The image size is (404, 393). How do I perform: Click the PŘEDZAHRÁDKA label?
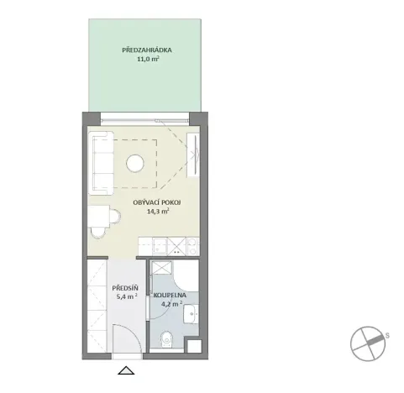141,50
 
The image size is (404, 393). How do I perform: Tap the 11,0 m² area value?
141,60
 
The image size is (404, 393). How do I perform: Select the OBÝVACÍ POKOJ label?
157,203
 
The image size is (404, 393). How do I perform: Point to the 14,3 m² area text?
157,212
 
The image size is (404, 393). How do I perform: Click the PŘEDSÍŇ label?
124,287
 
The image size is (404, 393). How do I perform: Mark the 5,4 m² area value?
124,296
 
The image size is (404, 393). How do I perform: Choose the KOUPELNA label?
173,295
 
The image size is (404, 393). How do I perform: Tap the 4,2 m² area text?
173,304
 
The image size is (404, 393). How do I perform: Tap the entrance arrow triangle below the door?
126,370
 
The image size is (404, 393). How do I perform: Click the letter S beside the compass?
388,335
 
